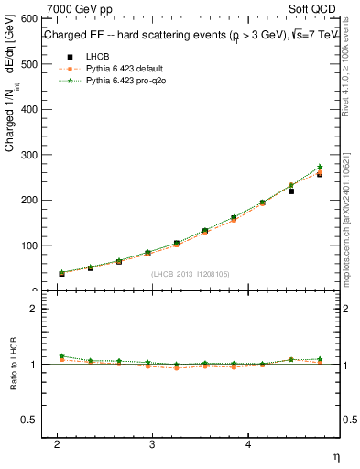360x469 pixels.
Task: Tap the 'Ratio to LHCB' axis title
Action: [x=12, y=365]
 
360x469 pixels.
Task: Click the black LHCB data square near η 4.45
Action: [x=290, y=191]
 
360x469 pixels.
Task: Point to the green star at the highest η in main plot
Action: [x=319, y=167]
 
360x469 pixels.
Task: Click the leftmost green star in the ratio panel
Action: [x=61, y=356]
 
